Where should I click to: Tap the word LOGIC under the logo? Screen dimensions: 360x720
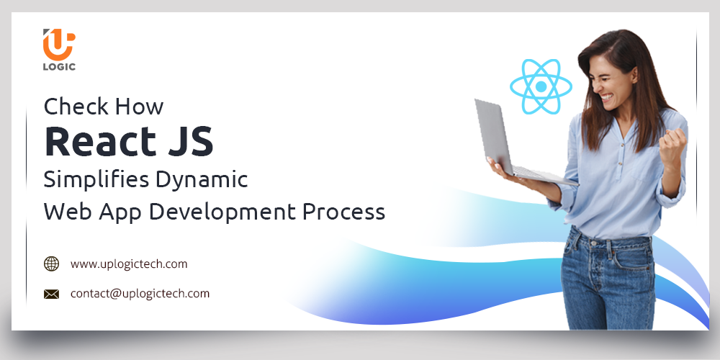coord(60,67)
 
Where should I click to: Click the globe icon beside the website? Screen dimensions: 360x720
coord(52,264)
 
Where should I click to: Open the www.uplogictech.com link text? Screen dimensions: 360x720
coord(129,264)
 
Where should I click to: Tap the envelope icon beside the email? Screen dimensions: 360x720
coord(52,294)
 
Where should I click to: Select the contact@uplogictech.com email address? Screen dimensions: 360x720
coord(140,294)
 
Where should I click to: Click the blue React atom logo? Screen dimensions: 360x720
coord(541,87)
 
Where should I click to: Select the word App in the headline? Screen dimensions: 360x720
coord(125,212)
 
